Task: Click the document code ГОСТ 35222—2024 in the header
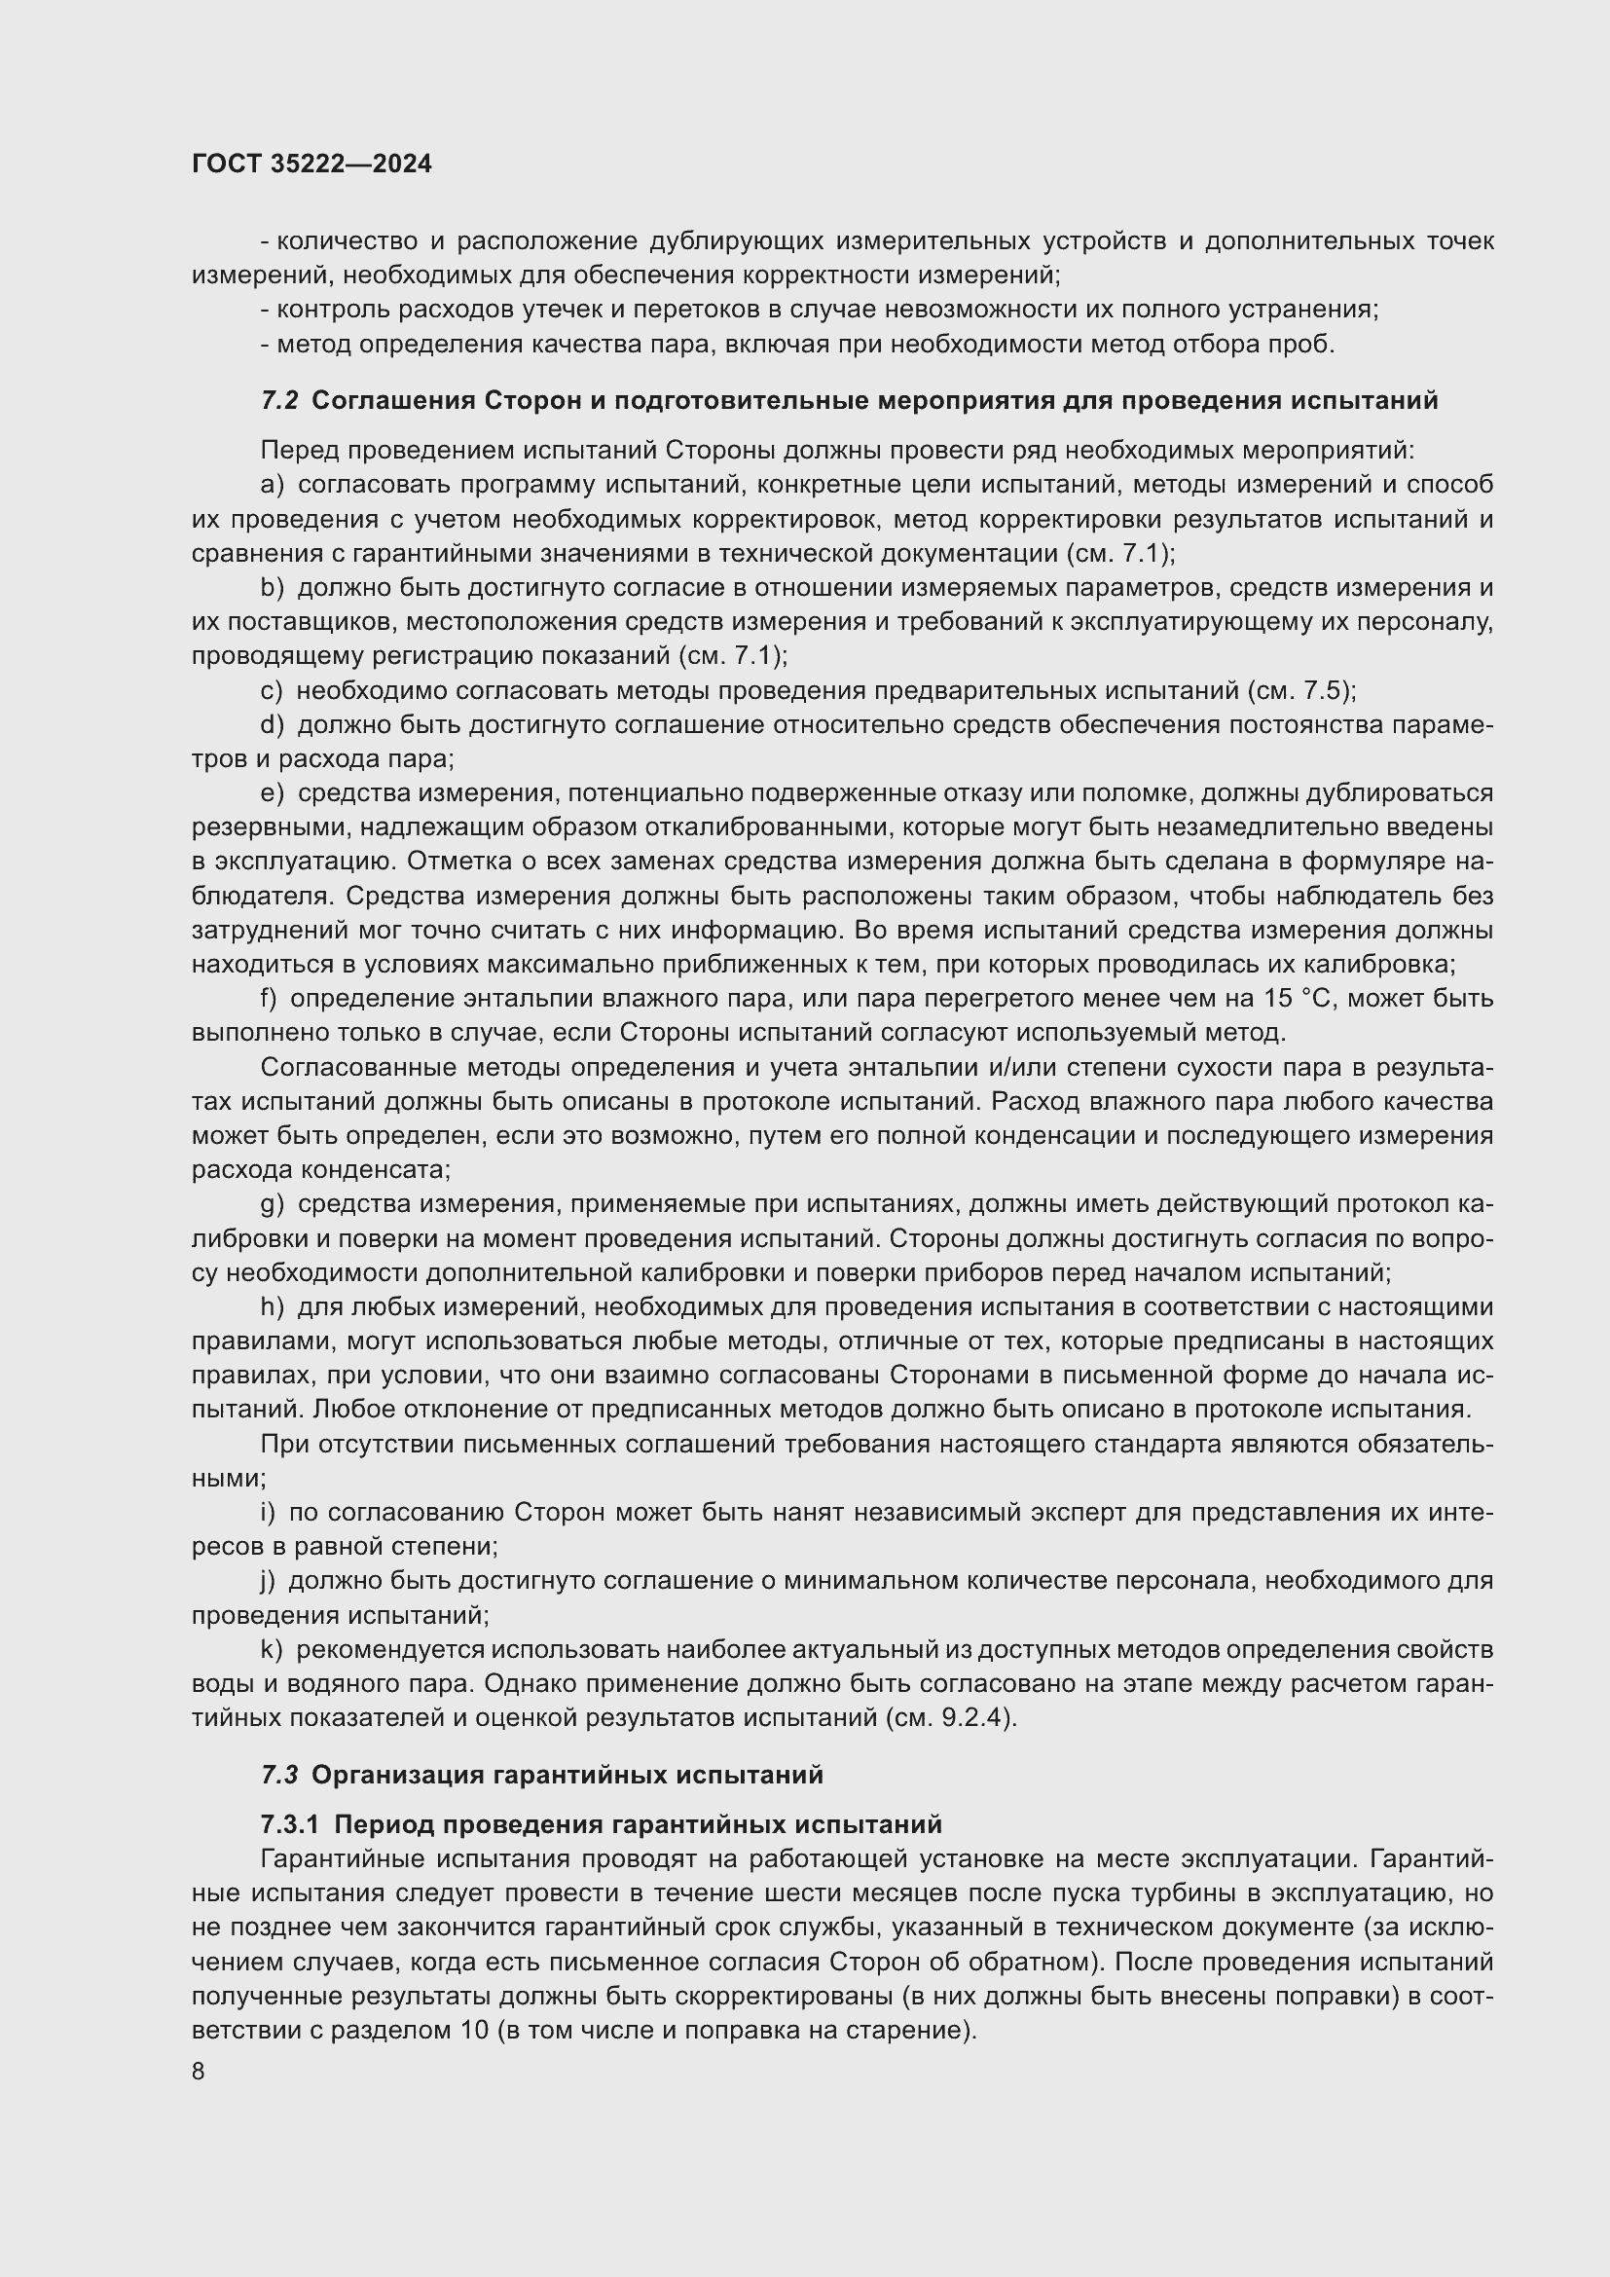pyautogui.click(x=311, y=165)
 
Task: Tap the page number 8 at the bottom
pyautogui.click(x=199, y=2072)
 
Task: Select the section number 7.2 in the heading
pyautogui.click(x=279, y=401)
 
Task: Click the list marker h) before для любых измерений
pyautogui.click(x=272, y=1307)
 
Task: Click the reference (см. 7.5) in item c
pyautogui.click(x=1299, y=690)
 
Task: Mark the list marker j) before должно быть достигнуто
pyautogui.click(x=268, y=1581)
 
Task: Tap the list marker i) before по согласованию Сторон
pyautogui.click(x=268, y=1513)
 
